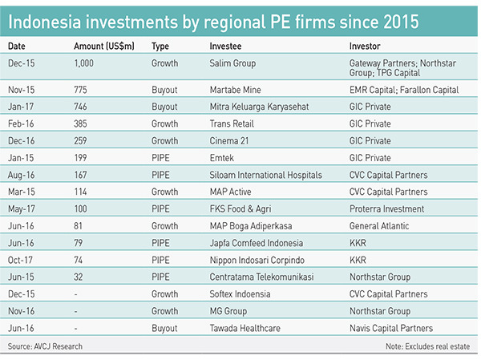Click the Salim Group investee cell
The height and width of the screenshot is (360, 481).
(232, 63)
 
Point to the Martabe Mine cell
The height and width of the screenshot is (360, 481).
(236, 91)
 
